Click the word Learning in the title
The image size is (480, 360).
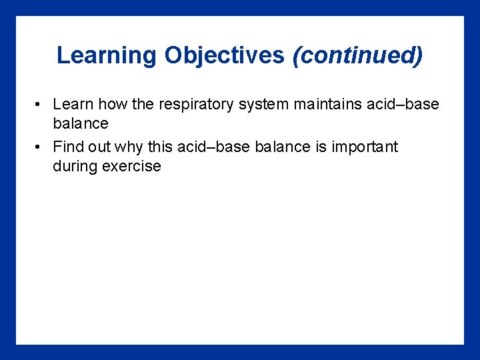pos(107,55)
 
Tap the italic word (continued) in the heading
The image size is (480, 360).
pos(357,55)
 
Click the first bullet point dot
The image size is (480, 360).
pos(41,105)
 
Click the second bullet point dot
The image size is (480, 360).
pos(41,147)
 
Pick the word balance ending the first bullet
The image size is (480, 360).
pos(80,124)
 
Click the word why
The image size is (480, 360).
pos(129,147)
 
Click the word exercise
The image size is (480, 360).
pos(131,166)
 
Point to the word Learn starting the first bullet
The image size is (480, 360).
pos(73,105)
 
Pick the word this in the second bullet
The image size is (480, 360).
pos(160,147)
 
